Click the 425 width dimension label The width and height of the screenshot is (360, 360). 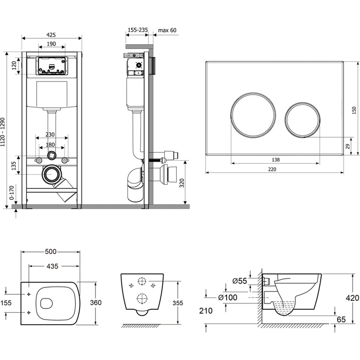pyautogui.click(x=51, y=35)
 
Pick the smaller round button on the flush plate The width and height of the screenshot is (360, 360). pyautogui.click(x=302, y=120)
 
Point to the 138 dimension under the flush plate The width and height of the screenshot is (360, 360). pyautogui.click(x=275, y=160)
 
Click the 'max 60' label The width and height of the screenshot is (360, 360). pyautogui.click(x=167, y=30)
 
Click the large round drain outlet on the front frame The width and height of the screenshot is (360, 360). pyautogui.click(x=51, y=175)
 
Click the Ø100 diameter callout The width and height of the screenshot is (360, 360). pyautogui.click(x=228, y=297)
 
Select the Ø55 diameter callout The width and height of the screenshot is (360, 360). pyautogui.click(x=240, y=281)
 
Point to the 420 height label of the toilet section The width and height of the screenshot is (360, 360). pyautogui.click(x=352, y=298)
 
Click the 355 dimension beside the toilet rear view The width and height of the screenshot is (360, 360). pyautogui.click(x=177, y=303)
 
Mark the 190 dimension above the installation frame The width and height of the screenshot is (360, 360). pyautogui.click(x=51, y=44)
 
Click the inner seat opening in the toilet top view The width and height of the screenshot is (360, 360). pyautogui.click(x=46, y=304)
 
